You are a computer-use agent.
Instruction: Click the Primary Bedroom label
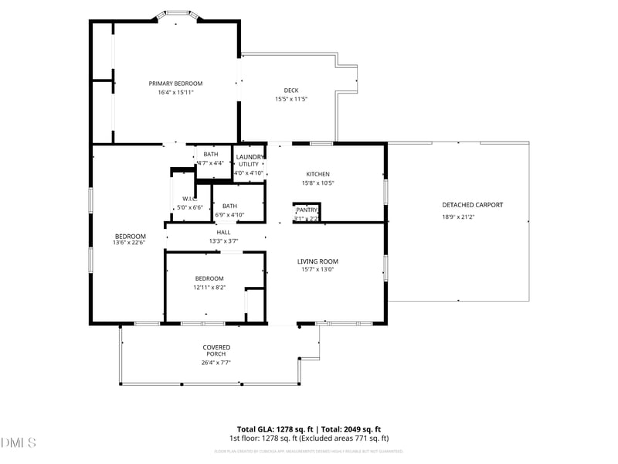click(x=175, y=84)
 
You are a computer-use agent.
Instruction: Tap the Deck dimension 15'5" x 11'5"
click(x=291, y=99)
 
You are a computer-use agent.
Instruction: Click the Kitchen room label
click(x=317, y=174)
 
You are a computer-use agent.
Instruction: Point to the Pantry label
click(x=306, y=210)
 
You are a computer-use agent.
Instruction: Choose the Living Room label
click(x=317, y=261)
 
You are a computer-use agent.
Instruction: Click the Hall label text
click(x=223, y=232)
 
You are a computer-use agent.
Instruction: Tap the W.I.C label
click(x=190, y=199)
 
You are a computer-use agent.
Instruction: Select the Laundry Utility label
click(x=249, y=160)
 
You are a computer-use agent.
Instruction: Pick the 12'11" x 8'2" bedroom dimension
click(x=209, y=287)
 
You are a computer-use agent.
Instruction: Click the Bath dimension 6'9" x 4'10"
click(x=229, y=214)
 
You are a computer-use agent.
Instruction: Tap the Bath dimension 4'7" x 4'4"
click(x=210, y=163)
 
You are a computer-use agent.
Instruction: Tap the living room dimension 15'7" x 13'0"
click(x=317, y=271)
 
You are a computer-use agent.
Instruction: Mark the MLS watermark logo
click(x=19, y=442)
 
